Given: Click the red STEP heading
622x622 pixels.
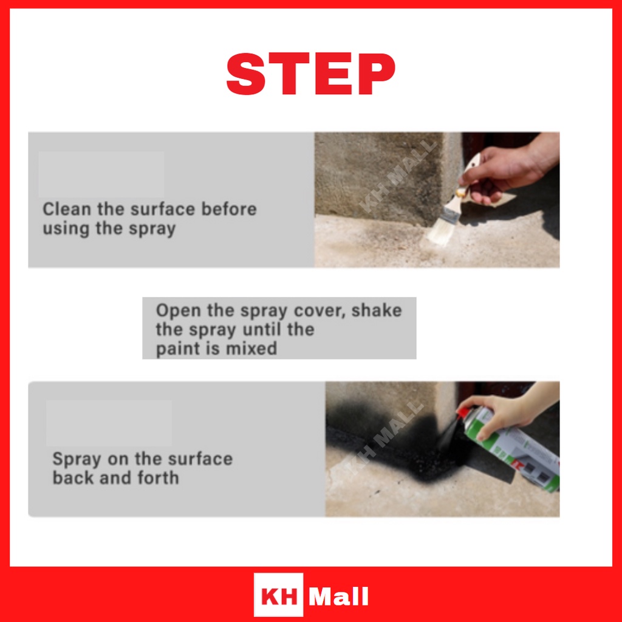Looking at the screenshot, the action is pos(310,73).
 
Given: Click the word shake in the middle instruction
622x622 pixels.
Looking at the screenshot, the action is pos(377,310).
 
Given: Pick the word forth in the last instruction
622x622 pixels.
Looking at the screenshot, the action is pos(159,477).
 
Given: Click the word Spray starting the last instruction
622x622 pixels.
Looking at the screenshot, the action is pos(77,460).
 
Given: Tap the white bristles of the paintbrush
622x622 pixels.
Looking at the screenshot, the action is pos(441,233).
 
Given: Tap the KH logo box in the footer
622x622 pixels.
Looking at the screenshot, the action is pos(278,595).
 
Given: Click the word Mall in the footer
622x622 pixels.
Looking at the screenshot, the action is pos(339,596).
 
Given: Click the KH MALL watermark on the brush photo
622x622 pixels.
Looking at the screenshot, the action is pos(397,177).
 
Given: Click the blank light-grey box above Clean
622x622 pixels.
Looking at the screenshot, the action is pos(101,174).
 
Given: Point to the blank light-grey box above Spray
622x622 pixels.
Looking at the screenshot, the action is pos(109,423).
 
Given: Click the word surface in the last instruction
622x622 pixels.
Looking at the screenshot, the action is pos(200,459).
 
